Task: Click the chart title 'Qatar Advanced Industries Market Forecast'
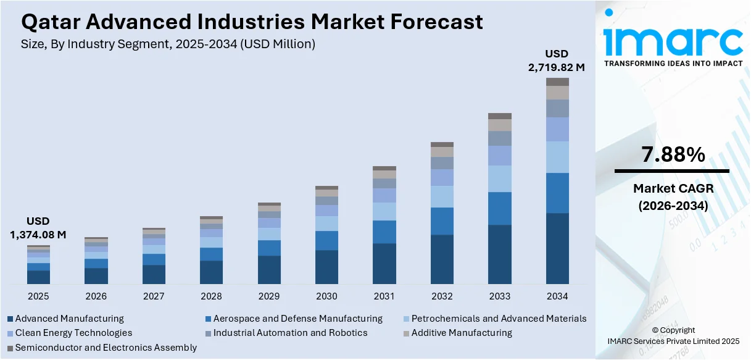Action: (252, 22)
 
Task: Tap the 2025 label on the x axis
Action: (38, 296)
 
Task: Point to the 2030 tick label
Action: (326, 296)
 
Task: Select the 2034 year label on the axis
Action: (557, 296)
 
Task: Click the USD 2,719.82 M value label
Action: (556, 61)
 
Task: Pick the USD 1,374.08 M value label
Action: (38, 228)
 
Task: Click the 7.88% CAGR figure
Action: (673, 155)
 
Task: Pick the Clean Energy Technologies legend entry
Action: (73, 333)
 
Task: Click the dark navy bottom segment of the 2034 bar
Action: (557, 248)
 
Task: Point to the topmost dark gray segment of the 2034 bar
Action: (557, 82)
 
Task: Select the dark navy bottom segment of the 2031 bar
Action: (384, 264)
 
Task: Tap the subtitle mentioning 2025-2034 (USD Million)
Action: (168, 44)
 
